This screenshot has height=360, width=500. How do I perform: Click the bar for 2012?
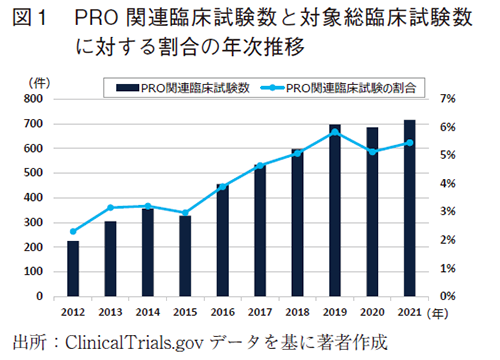pos(72,269)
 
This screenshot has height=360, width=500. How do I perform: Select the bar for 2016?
pos(221,240)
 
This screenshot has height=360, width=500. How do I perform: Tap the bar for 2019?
pos(334,211)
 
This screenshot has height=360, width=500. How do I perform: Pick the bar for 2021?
pos(409,208)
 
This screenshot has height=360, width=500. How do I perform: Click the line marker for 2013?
pos(110,208)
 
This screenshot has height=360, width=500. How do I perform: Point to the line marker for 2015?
pos(184,213)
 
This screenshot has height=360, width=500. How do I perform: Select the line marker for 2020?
pos(372,152)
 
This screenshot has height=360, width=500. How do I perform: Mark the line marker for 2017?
pos(259,166)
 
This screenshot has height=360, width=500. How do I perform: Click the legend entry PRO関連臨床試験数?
pos(180,88)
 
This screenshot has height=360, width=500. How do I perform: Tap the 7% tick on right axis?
pos(446,99)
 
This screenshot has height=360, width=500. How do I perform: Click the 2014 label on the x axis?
pos(147,311)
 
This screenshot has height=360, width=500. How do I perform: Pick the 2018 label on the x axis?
pos(297,311)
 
